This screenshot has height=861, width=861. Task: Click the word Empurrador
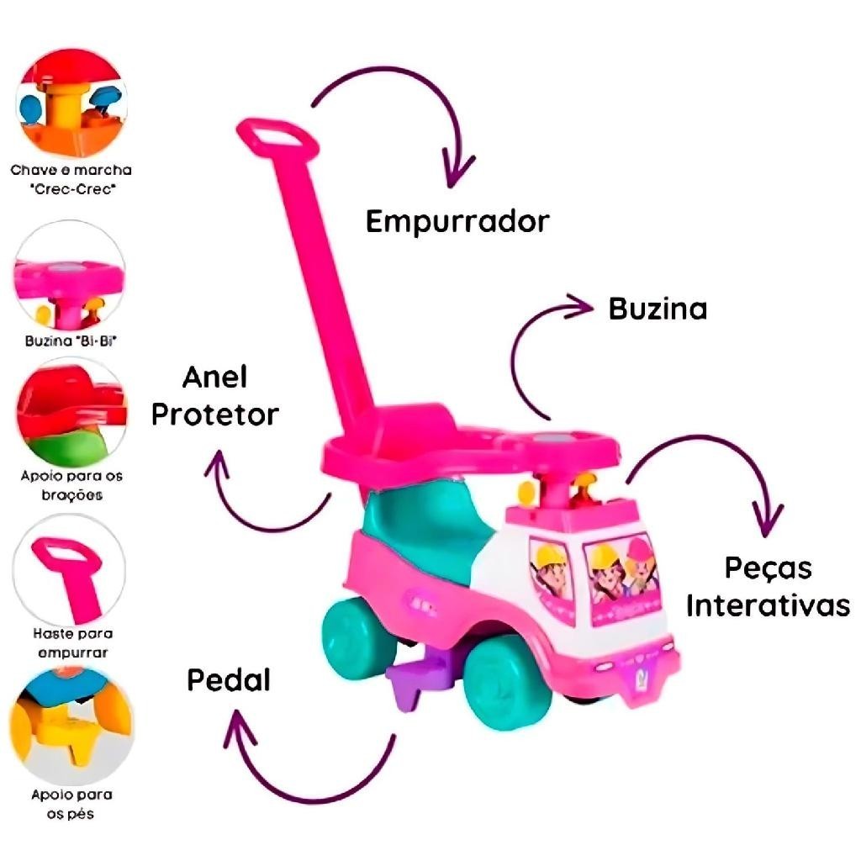(457, 221)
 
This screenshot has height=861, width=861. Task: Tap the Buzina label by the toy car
(658, 309)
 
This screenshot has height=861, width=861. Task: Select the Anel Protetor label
(214, 395)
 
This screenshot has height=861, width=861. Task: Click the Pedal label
(229, 679)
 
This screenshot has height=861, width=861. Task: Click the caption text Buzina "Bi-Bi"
(71, 342)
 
